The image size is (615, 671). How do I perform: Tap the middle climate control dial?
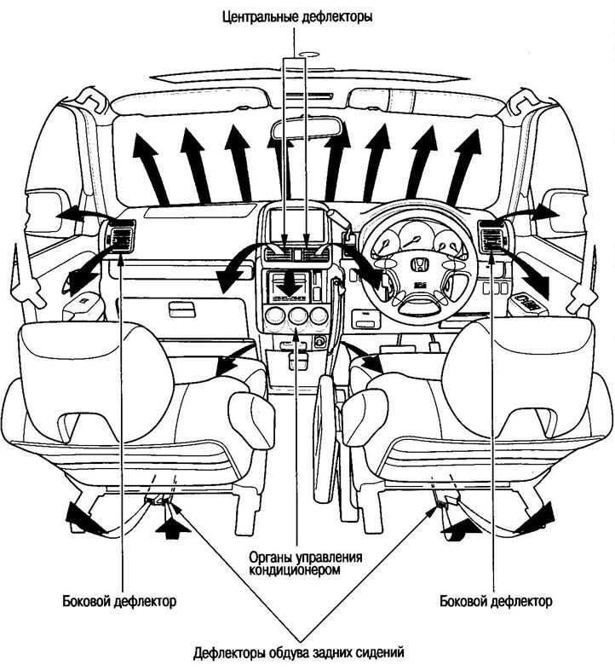(296, 317)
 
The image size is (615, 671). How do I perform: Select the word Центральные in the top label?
(256, 15)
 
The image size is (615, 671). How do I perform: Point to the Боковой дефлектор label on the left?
(119, 601)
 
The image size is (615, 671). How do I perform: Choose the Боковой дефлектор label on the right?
(496, 601)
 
